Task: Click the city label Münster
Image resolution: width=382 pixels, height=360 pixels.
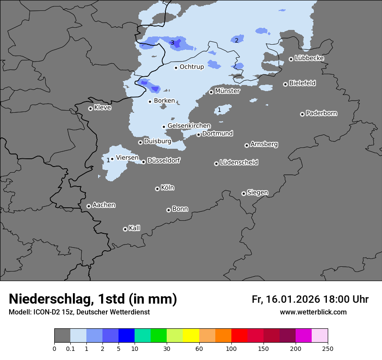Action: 227,91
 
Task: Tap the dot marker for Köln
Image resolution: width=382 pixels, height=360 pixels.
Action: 157,189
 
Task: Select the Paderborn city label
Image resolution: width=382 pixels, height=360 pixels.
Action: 321,113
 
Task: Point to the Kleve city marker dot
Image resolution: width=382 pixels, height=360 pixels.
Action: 90,108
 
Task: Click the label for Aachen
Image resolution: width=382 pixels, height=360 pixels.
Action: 104,205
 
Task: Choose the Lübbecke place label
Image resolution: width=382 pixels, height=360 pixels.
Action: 309,58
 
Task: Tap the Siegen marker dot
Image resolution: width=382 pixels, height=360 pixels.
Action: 244,193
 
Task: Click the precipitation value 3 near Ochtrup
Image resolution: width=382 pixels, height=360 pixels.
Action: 172,43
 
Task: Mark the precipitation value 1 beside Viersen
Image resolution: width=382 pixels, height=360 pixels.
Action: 108,160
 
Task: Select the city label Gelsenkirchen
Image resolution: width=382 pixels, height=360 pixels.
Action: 189,126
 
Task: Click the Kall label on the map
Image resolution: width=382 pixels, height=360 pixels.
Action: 134,228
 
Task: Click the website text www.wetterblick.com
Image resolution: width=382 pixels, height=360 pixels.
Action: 313,312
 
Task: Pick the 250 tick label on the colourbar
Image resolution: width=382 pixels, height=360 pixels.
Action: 327,348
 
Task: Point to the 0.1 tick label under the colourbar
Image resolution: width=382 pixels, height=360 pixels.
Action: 70,348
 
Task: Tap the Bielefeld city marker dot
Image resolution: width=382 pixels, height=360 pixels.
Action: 285,84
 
